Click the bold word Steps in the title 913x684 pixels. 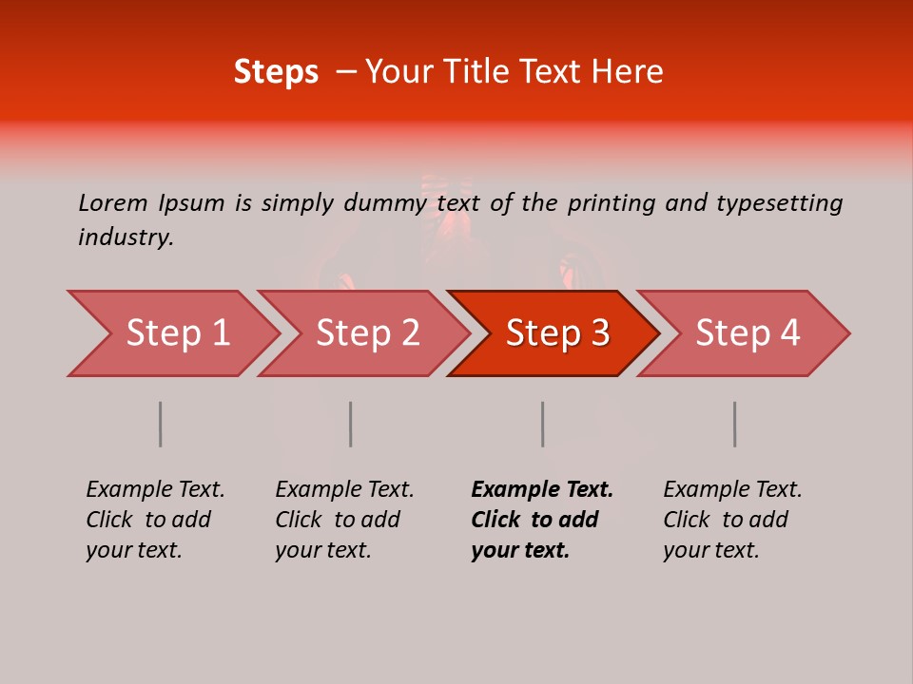[276, 72]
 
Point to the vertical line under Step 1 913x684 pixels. [161, 424]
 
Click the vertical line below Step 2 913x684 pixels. [351, 424]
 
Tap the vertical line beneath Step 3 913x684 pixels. [543, 424]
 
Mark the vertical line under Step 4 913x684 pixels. [735, 424]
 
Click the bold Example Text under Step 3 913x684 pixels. [542, 520]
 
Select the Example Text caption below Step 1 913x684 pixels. [155, 520]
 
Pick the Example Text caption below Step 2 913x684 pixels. [344, 520]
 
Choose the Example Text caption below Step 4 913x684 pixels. [732, 520]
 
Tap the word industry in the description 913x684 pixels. [126, 237]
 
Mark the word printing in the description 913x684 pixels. [612, 203]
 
